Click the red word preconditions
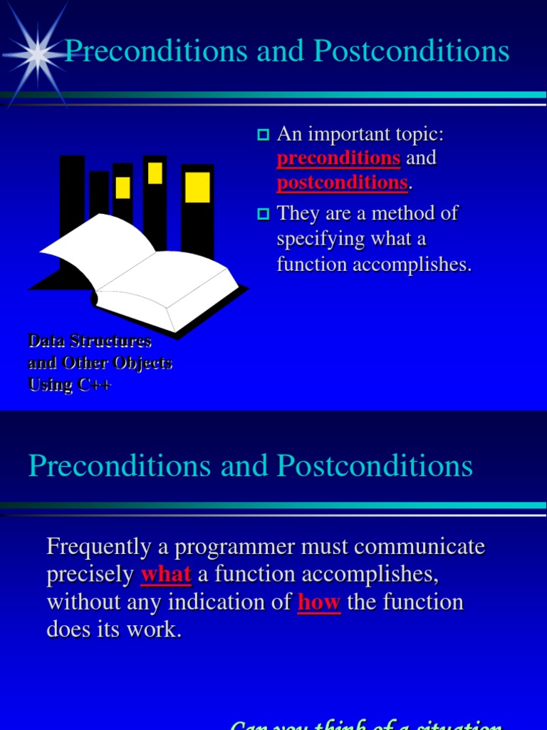click(338, 158)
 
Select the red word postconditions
click(342, 182)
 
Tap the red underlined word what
click(166, 574)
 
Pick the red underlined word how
click(319, 602)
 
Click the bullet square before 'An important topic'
click(263, 135)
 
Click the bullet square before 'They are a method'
click(263, 213)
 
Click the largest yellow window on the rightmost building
click(197, 187)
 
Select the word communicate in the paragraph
click(420, 547)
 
